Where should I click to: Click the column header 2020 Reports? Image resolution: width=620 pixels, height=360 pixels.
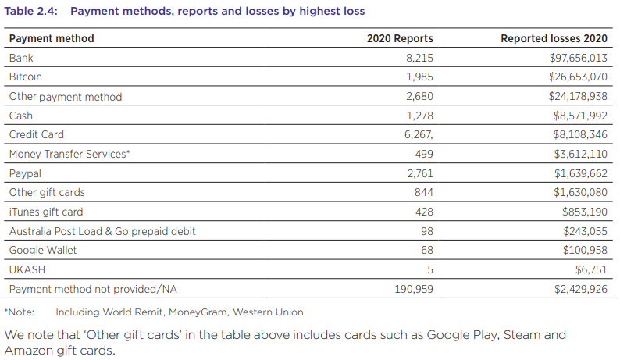pyautogui.click(x=400, y=38)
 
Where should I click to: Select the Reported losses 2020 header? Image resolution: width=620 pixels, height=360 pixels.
pyautogui.click(x=554, y=38)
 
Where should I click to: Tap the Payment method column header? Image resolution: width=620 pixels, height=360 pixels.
pyautogui.click(x=52, y=38)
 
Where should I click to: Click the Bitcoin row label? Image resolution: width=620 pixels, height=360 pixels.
pyautogui.click(x=26, y=77)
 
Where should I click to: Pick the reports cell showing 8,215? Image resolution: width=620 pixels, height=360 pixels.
pyautogui.click(x=419, y=58)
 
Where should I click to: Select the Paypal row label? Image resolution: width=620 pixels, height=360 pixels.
pyautogui.click(x=25, y=173)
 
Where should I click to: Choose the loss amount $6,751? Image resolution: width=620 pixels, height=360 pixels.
pyautogui.click(x=590, y=269)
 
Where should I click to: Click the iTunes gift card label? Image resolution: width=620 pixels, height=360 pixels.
pyautogui.click(x=46, y=212)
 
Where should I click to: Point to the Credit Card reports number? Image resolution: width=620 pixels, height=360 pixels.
pyautogui.click(x=418, y=135)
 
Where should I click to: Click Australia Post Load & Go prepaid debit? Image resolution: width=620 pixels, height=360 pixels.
pyautogui.click(x=102, y=231)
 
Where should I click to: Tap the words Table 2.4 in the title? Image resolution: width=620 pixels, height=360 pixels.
pyautogui.click(x=30, y=12)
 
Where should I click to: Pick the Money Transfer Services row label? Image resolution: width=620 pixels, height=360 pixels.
pyautogui.click(x=69, y=155)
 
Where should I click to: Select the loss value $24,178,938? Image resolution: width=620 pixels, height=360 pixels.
pyautogui.click(x=578, y=97)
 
